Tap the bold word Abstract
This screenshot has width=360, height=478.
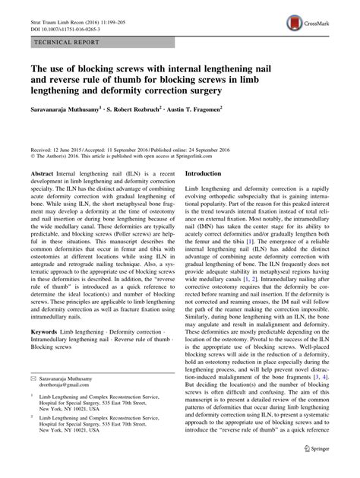click(42, 174)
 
